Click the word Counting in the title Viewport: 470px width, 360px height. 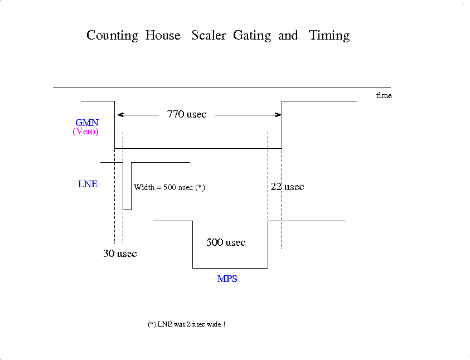pos(113,36)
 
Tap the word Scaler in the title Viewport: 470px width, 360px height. pos(209,35)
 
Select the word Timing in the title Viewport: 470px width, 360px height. pos(329,36)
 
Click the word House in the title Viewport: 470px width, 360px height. pos(163,35)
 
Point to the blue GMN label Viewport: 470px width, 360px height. pos(87,123)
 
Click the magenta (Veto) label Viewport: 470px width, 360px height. pos(86,132)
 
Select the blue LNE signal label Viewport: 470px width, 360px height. pos(88,184)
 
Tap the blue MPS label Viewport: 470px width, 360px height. pos(227,279)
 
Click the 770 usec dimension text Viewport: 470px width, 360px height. pos(187,114)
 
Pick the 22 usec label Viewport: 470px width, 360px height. pos(288,187)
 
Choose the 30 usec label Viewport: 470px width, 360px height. pos(120,254)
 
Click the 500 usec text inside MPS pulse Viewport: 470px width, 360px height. pos(226,242)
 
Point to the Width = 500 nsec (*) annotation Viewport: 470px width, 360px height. pos(169,187)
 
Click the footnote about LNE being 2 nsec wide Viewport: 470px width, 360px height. pos(186,324)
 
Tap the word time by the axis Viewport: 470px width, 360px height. pos(384,95)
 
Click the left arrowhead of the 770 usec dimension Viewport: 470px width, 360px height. pos(120,115)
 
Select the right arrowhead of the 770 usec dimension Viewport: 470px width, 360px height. pos(278,115)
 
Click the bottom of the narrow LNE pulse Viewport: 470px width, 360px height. pos(127,210)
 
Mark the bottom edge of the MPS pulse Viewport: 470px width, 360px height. pos(230,268)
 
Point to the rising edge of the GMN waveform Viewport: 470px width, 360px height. pos(282,125)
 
